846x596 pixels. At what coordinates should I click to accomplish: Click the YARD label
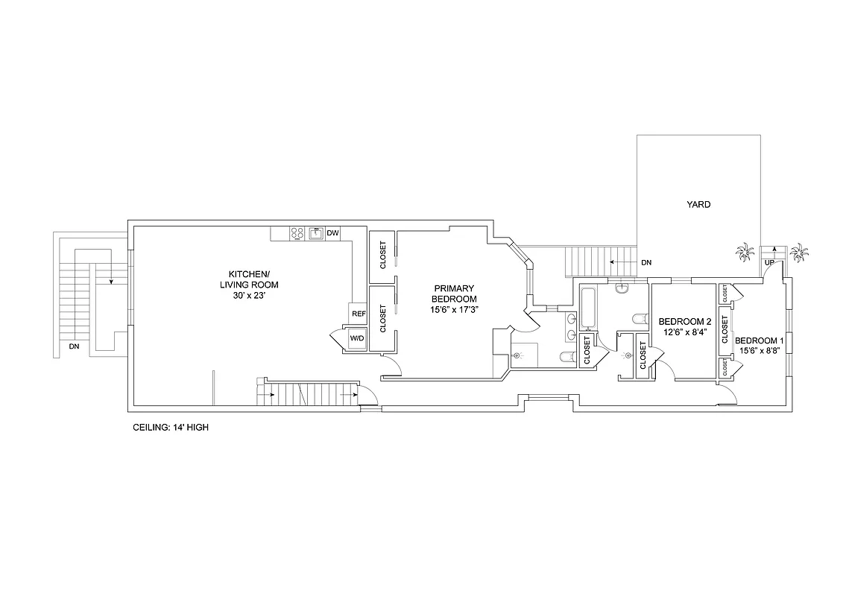pos(698,204)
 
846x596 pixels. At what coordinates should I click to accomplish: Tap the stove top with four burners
pos(297,233)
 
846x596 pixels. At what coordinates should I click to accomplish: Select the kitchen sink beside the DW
pos(315,233)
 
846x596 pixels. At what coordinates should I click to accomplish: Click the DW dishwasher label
pos(332,233)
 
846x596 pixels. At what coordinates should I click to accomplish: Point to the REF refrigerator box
pos(359,314)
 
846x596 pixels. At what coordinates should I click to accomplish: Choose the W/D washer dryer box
pos(356,339)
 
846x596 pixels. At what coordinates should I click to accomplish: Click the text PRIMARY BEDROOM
pos(454,294)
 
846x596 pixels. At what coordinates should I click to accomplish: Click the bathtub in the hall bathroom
pos(587,308)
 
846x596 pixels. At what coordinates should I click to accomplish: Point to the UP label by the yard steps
pos(768,263)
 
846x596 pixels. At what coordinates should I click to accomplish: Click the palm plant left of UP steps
pos(744,253)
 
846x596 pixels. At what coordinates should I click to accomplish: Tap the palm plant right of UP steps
pos(799,253)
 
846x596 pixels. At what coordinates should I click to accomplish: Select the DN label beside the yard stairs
pos(645,262)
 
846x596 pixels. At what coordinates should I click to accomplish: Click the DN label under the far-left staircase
pos(74,346)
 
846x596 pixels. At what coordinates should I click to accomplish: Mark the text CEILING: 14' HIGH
pos(171,428)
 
